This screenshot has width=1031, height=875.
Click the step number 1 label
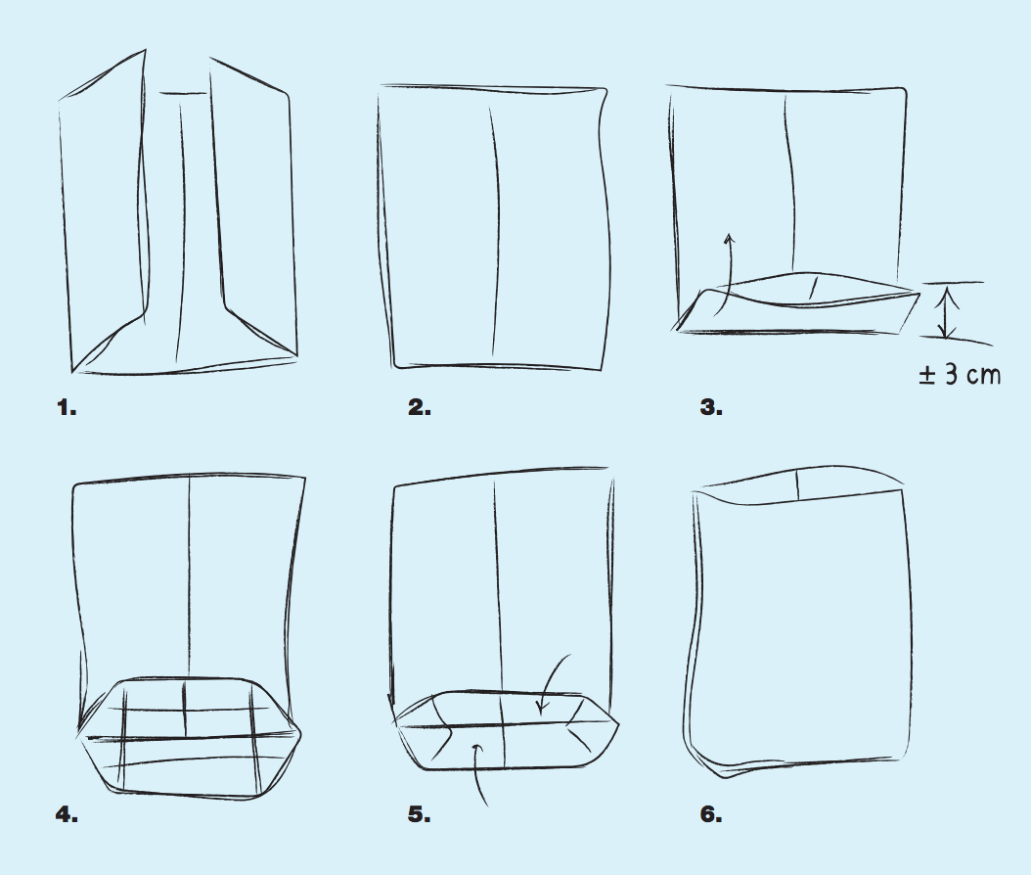(67, 408)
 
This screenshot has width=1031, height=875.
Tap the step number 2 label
(420, 408)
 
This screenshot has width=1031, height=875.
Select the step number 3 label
(711, 408)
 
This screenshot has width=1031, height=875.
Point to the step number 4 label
(67, 815)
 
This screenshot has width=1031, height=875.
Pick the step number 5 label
(420, 815)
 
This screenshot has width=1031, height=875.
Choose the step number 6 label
(711, 815)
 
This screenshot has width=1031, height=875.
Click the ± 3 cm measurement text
(960, 375)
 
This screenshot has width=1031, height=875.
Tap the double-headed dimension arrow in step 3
(946, 310)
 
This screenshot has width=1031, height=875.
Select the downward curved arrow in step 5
(551, 681)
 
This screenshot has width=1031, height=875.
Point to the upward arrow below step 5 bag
(480, 773)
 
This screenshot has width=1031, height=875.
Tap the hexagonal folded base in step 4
(190, 738)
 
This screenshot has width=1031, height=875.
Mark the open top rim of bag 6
(798, 485)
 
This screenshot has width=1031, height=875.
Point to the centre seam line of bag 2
(494, 230)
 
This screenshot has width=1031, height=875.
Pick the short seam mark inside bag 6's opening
(797, 484)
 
